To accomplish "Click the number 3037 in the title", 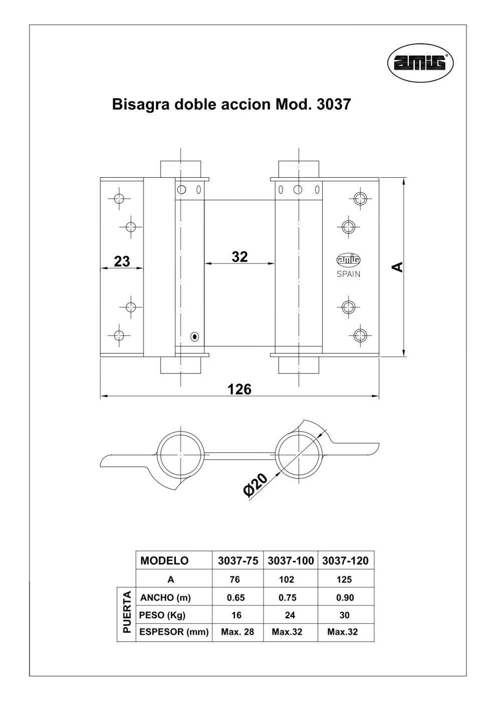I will pyautogui.click(x=334, y=104).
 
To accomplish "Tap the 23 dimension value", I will pyautogui.click(x=122, y=261).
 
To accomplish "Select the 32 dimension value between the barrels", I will pyautogui.click(x=239, y=256).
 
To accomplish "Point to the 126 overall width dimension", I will pyautogui.click(x=239, y=389).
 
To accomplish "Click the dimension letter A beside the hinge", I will pyautogui.click(x=397, y=267).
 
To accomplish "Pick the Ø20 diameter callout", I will pyautogui.click(x=256, y=484).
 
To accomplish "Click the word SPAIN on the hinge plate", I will pyautogui.click(x=348, y=274).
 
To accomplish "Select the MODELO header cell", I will pyautogui.click(x=164, y=561).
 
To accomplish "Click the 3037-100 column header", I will pyautogui.click(x=291, y=561).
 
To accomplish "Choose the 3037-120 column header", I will pyautogui.click(x=345, y=561).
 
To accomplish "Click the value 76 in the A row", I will pyautogui.click(x=234, y=579).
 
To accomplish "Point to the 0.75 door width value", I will pyautogui.click(x=288, y=597).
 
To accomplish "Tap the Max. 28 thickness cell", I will pyautogui.click(x=237, y=632).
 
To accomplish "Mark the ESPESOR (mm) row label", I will pyautogui.click(x=173, y=632).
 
